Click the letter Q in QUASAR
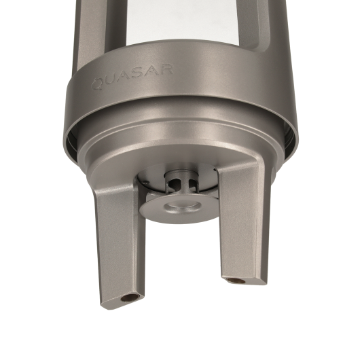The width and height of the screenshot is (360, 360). click(x=98, y=84)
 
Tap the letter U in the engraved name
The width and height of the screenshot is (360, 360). click(x=111, y=81)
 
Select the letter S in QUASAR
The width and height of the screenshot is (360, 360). click(x=137, y=74)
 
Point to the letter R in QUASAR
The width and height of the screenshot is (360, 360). click(x=164, y=70)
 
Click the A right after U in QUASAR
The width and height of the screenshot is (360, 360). click(x=124, y=77)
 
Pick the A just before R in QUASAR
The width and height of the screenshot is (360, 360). click(x=151, y=72)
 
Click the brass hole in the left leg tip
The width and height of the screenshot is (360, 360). click(x=129, y=298)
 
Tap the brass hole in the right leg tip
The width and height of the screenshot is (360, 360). click(x=235, y=281)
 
